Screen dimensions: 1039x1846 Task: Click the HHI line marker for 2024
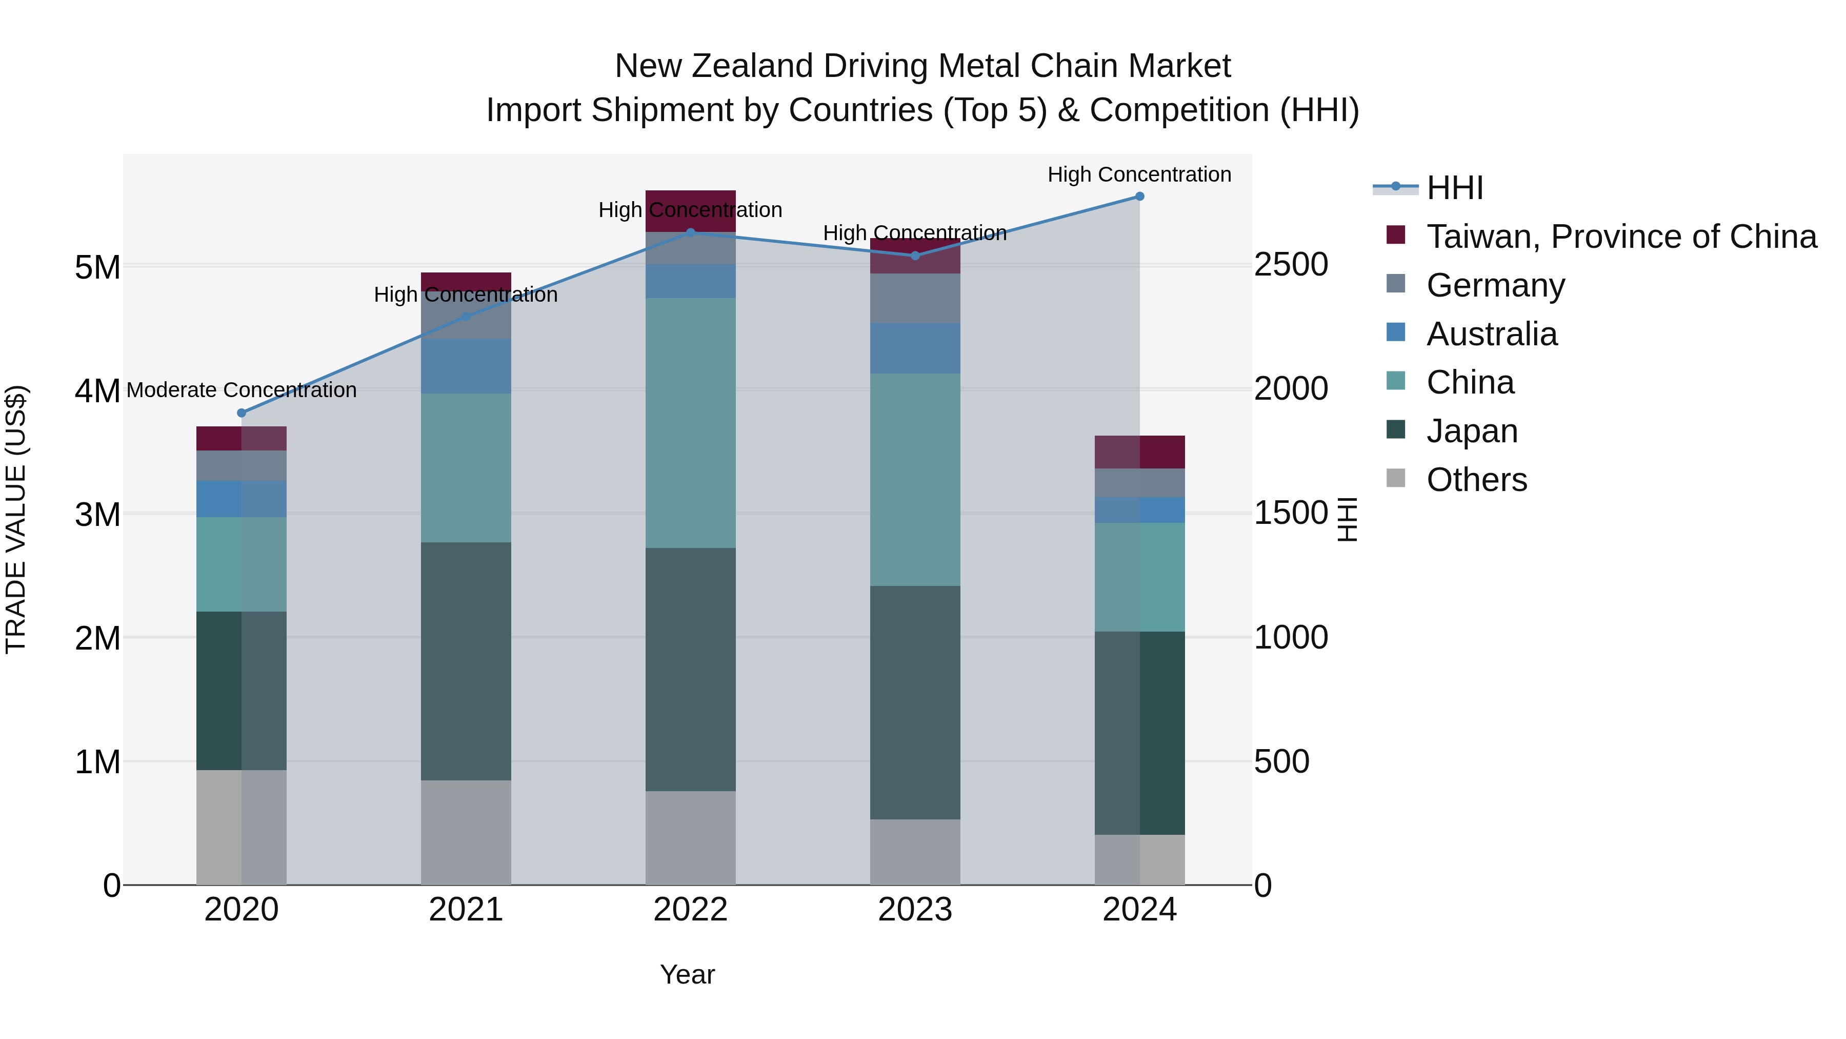pos(1139,197)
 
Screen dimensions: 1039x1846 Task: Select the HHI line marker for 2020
pos(242,413)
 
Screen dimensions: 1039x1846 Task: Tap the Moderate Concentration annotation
pos(242,390)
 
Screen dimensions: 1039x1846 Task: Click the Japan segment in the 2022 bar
pos(690,670)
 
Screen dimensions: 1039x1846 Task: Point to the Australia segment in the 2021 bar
pos(466,366)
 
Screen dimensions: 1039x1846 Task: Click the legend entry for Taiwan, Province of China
pos(1621,237)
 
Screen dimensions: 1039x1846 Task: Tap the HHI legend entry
pos(1455,188)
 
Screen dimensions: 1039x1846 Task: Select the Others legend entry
pos(1476,480)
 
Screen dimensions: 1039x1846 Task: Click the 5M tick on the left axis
pos(97,267)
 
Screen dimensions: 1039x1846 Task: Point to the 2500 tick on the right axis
pos(1291,265)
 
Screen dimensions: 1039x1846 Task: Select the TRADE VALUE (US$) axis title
pos(16,519)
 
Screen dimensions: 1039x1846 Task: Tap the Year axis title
pos(687,974)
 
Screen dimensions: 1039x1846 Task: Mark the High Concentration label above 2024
pos(1139,174)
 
